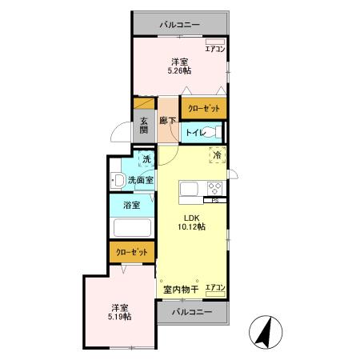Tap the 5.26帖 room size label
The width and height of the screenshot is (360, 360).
pyautogui.click(x=178, y=71)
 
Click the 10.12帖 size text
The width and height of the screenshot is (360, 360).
pyautogui.click(x=191, y=227)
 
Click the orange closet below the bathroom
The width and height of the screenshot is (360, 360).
pyautogui.click(x=132, y=251)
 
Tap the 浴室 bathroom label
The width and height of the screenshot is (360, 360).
pyautogui.click(x=132, y=206)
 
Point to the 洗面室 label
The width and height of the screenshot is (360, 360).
pyautogui.click(x=141, y=180)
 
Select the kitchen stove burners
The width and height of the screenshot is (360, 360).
pyautogui.click(x=214, y=189)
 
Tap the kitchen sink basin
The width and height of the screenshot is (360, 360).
pyautogui.click(x=190, y=189)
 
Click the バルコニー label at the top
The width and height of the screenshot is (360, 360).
pyautogui.click(x=180, y=24)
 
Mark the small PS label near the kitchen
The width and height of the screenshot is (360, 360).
pyautogui.click(x=215, y=200)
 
